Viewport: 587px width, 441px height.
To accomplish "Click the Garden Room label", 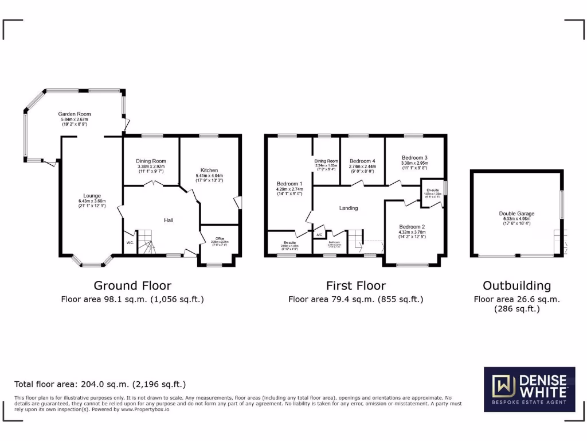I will (x=75, y=114).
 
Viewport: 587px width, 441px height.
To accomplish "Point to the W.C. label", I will (x=130, y=242).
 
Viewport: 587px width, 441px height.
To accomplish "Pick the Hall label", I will (x=169, y=220).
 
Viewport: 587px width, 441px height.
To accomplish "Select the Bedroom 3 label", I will (x=414, y=157).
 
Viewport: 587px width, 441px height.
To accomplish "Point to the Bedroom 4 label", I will (x=362, y=161).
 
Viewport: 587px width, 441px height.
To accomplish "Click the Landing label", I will (x=349, y=208).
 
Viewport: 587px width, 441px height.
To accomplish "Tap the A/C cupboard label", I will (x=319, y=235).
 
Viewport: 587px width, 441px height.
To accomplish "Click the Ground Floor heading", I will (x=132, y=285).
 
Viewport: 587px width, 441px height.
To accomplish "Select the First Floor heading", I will (x=356, y=285).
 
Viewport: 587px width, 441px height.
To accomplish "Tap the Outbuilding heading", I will (x=516, y=285).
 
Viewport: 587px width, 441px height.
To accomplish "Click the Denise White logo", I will (x=530, y=389).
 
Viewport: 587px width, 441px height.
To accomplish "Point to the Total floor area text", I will (x=100, y=384).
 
